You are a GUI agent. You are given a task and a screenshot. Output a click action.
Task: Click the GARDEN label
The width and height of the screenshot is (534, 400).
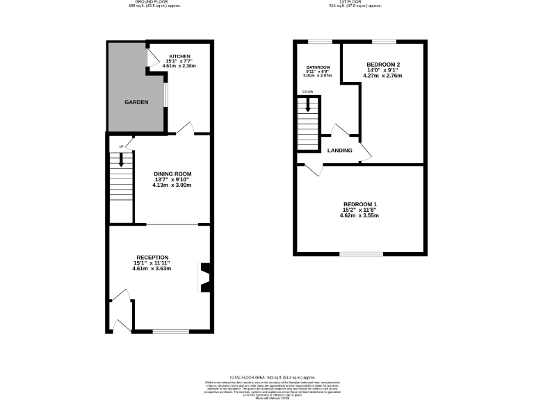click(x=136, y=102)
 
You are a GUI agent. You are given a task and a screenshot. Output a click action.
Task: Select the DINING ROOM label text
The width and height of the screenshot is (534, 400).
click(x=172, y=174)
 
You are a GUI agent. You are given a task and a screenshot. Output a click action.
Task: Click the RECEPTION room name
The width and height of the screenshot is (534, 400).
click(x=152, y=257)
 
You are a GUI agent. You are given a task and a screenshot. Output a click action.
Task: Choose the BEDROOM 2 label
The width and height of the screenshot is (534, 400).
click(x=383, y=64)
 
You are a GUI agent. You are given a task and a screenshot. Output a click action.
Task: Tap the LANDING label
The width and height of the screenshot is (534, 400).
click(x=339, y=151)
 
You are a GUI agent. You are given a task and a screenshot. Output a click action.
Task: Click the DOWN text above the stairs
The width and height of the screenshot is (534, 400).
click(x=307, y=92)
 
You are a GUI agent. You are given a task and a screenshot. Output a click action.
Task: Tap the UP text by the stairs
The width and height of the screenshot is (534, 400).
click(x=121, y=147)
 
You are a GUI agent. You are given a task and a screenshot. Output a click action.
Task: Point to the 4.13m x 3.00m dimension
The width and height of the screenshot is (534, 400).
click(x=172, y=185)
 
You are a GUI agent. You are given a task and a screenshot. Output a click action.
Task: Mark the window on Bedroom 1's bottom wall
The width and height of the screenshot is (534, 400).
click(x=360, y=253)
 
